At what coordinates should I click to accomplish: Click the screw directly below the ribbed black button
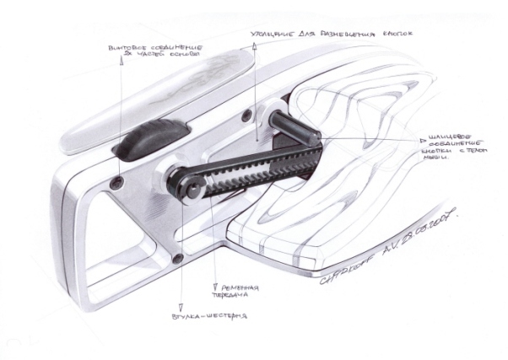pyautogui.click(x=118, y=182)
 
